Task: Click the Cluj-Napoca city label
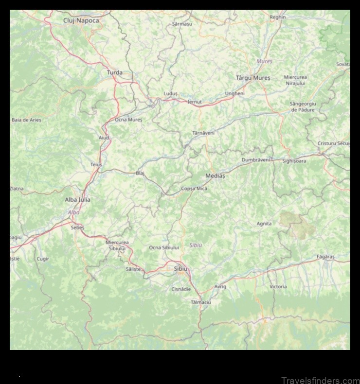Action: tap(81, 20)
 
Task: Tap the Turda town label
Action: tap(115, 73)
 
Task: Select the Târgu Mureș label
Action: tap(253, 78)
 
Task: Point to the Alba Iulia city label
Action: tap(78, 199)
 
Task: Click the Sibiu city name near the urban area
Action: tap(180, 269)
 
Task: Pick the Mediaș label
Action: tap(215, 176)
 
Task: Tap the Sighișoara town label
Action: tap(294, 161)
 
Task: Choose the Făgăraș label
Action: tap(326, 256)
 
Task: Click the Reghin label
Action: tap(278, 17)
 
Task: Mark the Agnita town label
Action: tap(264, 224)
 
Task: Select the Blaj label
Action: tap(140, 173)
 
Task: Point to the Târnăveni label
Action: tap(203, 133)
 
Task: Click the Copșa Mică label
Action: tap(194, 189)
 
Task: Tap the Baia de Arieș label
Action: tap(27, 120)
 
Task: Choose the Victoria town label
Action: tap(278, 287)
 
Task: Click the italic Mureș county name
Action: tap(265, 62)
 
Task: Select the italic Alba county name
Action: tap(73, 212)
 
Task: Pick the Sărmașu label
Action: tap(182, 23)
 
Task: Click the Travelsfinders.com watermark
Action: tap(320, 380)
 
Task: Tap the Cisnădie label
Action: tap(181, 289)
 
